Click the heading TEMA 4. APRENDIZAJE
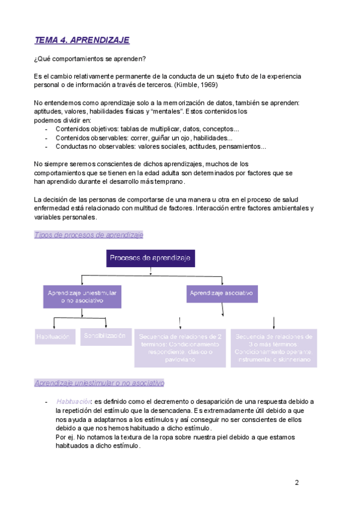(82, 40)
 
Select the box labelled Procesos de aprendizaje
(150, 259)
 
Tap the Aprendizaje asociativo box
(221, 294)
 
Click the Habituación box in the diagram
(53, 337)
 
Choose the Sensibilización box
(106, 336)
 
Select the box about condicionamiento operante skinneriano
(274, 348)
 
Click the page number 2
(296, 482)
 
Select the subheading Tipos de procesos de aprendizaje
(88, 235)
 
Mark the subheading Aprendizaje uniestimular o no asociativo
(99, 383)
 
